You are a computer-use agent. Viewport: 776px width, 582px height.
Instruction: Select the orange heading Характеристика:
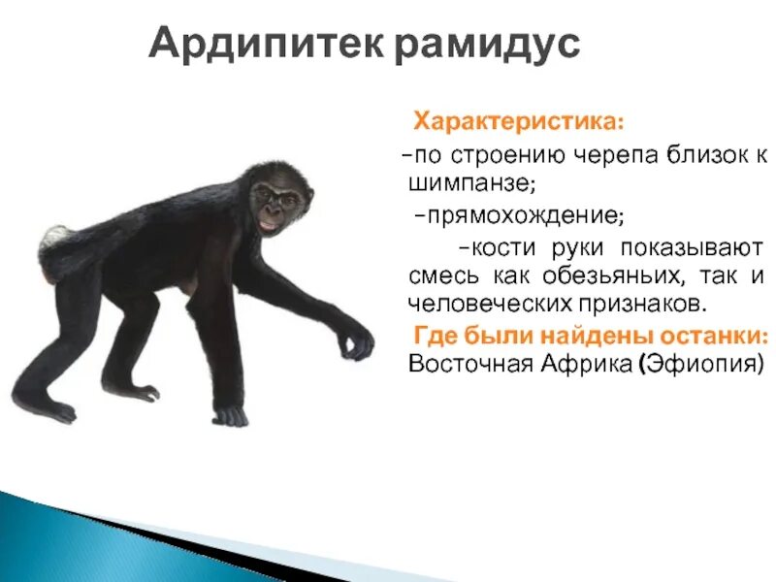pos(519,123)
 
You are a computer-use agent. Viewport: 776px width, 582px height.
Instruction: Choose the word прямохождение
pos(519,212)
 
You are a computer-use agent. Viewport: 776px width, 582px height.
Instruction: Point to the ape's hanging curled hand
pos(356,341)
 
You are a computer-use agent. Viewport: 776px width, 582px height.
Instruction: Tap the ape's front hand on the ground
pos(230,415)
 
